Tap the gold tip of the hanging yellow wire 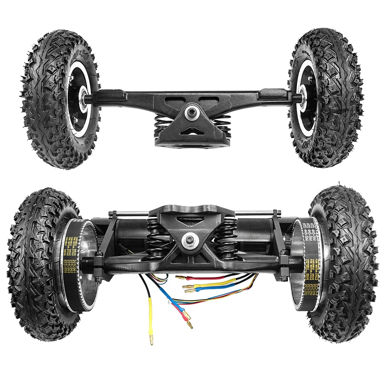(x=152, y=340)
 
